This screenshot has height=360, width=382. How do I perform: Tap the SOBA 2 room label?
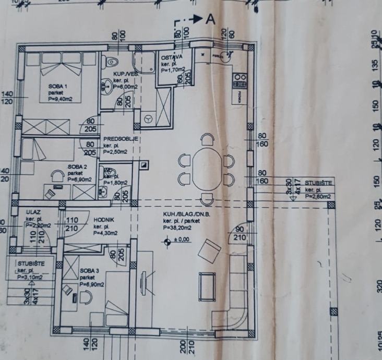pos(76,167)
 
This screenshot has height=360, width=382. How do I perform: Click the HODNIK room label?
pos(104,220)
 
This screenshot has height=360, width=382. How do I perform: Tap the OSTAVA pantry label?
pos(171,57)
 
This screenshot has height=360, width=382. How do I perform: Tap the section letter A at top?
pos(210,19)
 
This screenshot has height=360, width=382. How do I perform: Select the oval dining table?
pos(204,170)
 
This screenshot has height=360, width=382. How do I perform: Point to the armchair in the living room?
pos(211,251)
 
